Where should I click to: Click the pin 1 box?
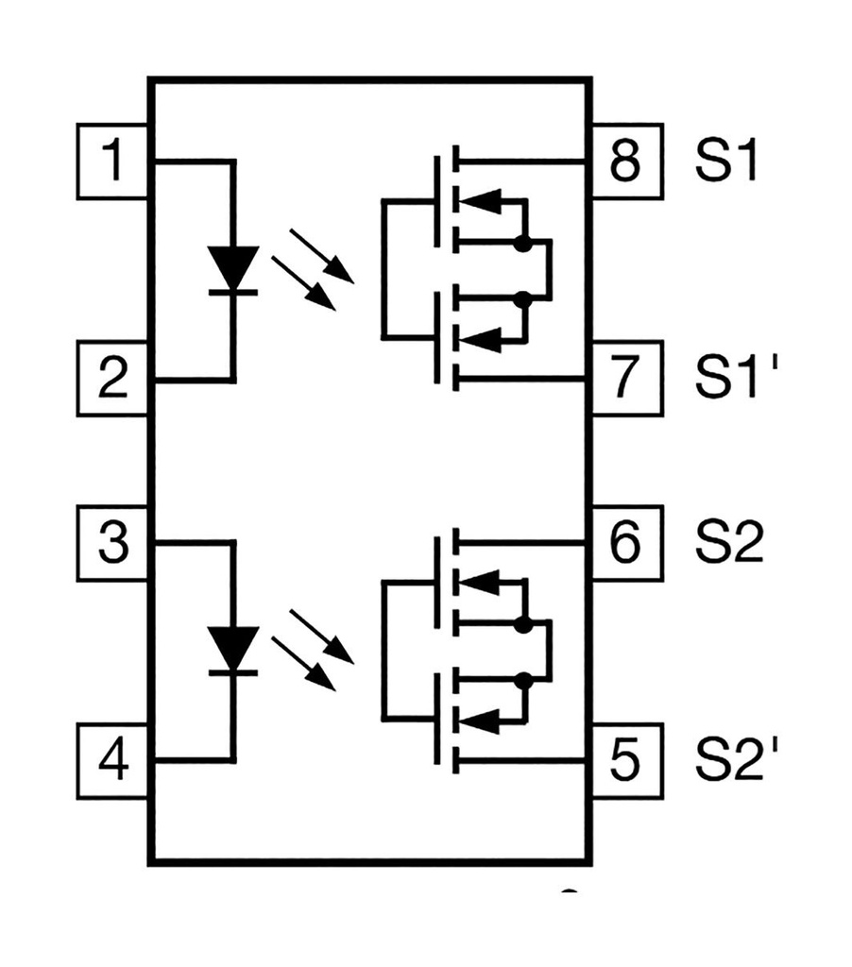(112, 161)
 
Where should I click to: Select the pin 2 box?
(112, 379)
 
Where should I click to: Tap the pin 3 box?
(112, 544)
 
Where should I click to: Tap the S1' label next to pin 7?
(733, 379)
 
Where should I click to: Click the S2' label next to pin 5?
(735, 761)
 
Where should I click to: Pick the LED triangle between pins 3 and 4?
(232, 647)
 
